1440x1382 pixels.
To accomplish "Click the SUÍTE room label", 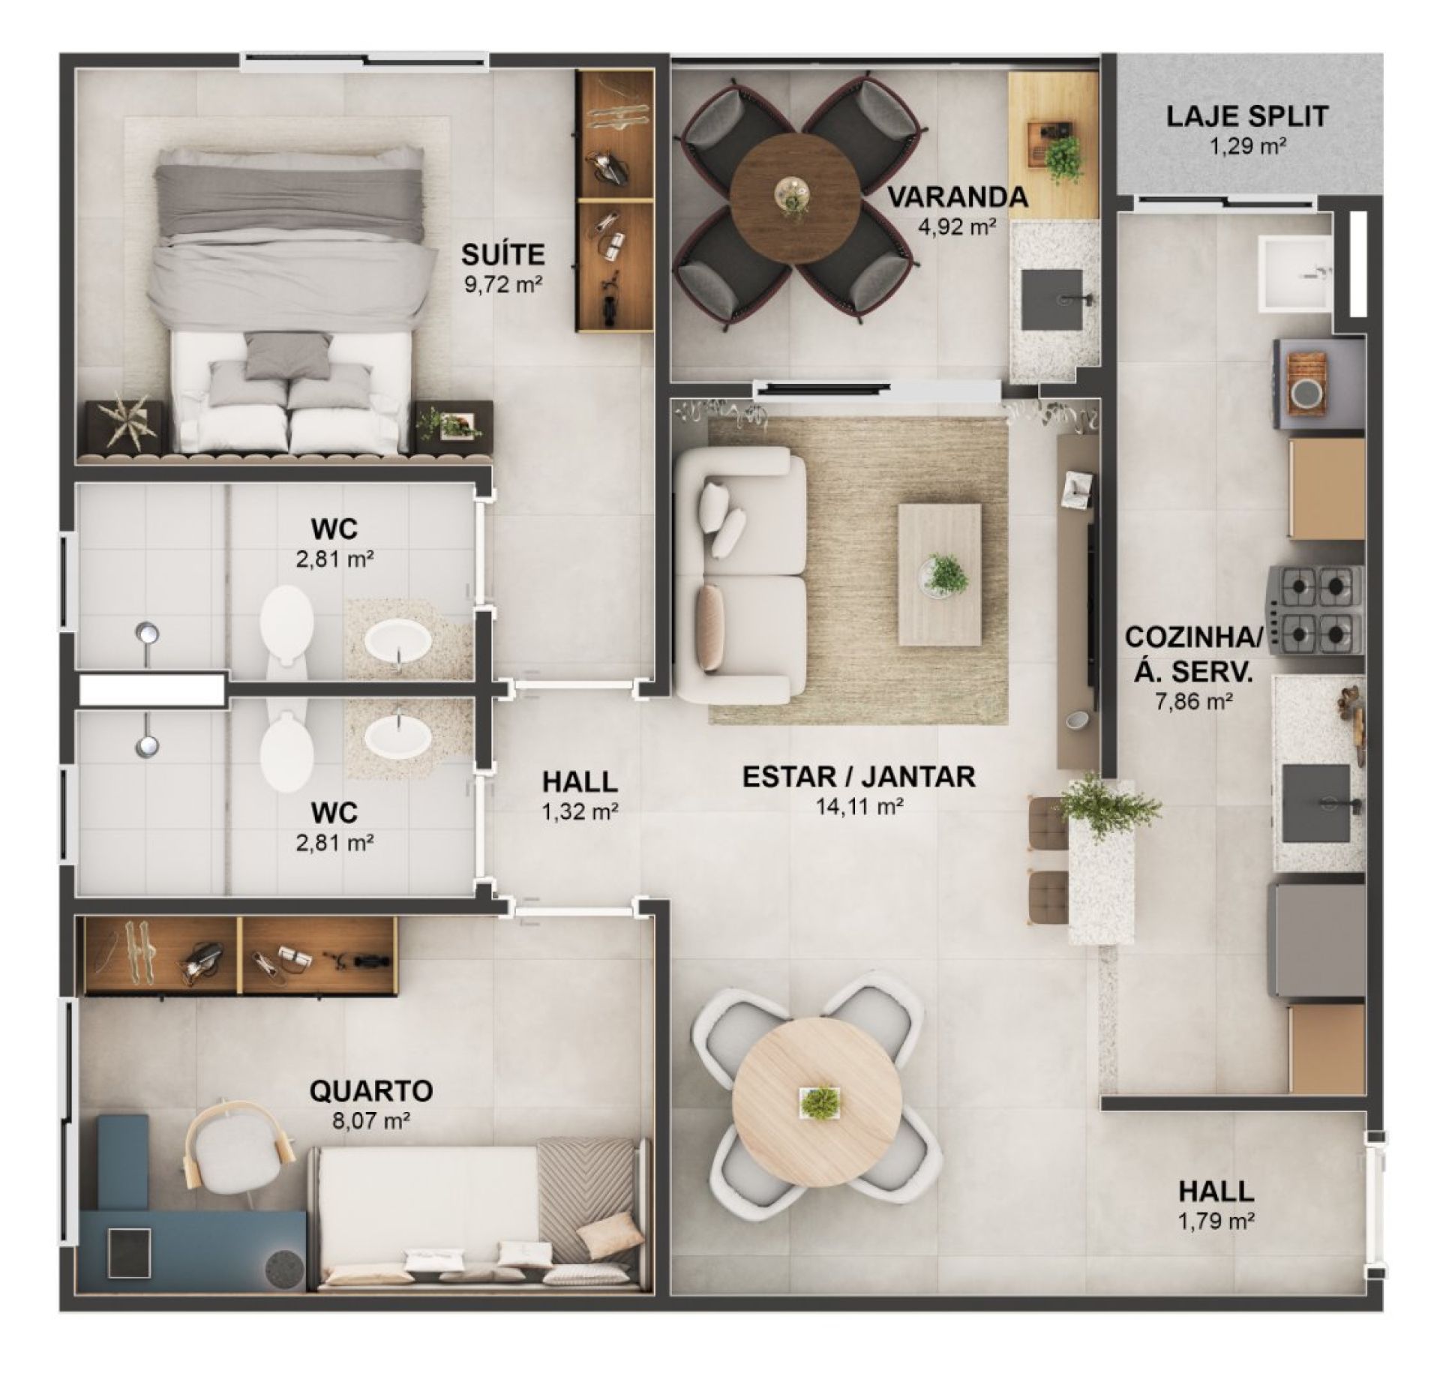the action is [502, 255].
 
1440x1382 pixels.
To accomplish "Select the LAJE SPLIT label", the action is [1247, 116].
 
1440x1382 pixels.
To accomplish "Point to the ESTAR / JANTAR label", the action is [859, 777].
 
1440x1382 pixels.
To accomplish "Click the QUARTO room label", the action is [370, 1090].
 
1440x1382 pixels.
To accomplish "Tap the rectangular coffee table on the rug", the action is [940, 574].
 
